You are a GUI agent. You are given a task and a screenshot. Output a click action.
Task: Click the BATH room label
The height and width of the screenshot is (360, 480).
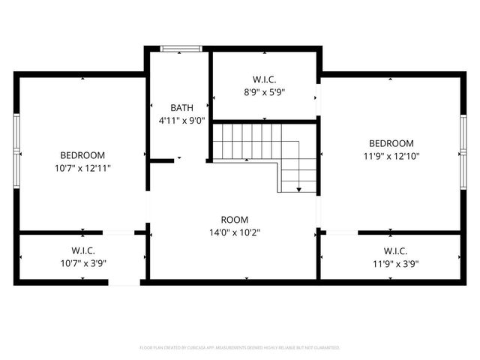(181, 108)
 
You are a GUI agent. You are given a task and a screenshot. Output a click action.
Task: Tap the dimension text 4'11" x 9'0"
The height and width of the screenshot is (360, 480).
(181, 120)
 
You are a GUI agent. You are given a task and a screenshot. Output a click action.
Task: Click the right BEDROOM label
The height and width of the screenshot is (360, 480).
(391, 143)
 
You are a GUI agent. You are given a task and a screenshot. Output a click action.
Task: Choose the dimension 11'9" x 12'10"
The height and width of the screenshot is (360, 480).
(391, 156)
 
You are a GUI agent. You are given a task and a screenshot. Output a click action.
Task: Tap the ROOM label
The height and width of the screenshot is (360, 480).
(235, 220)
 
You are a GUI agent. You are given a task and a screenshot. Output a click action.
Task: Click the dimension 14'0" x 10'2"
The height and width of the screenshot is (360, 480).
(235, 232)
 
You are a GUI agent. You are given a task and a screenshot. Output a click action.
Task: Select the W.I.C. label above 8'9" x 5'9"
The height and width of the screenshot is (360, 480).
(264, 79)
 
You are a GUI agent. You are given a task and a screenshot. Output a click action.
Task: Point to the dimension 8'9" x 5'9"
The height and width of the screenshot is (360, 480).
(264, 92)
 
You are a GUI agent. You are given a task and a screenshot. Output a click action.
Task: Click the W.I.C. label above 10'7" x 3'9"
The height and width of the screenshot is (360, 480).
(82, 250)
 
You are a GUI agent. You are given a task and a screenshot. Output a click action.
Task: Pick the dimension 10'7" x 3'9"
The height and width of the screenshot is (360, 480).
(82, 263)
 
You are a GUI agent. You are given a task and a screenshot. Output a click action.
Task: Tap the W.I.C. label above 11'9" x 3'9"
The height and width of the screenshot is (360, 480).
(395, 250)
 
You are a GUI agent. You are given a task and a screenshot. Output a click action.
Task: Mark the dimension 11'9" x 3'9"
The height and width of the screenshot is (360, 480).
(395, 263)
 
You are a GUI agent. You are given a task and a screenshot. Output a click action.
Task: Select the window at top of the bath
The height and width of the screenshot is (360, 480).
(181, 49)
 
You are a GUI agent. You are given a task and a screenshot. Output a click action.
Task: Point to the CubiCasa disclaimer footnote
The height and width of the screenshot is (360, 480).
(240, 348)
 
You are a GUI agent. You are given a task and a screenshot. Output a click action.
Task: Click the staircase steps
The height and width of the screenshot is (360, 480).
(247, 142)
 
